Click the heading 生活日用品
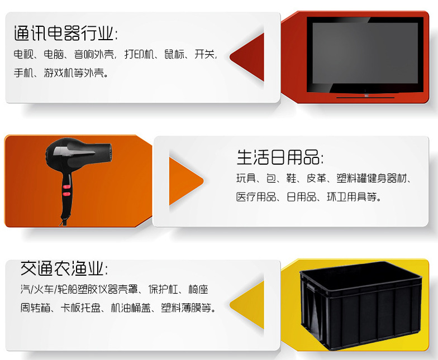[x=279, y=157]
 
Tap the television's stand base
[x=365, y=97]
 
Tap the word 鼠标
[x=174, y=54]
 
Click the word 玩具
[x=246, y=178]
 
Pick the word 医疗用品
[x=256, y=197]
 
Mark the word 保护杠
[x=163, y=289]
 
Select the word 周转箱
[x=35, y=308]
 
